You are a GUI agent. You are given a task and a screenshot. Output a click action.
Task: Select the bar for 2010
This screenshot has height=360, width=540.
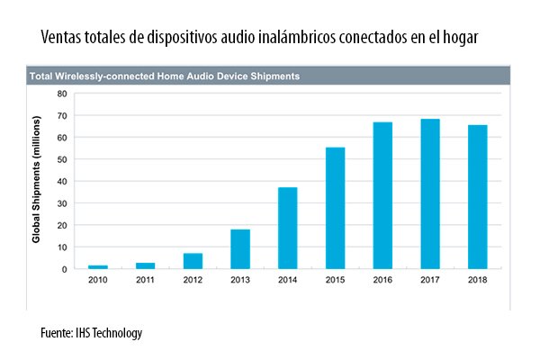[99, 266]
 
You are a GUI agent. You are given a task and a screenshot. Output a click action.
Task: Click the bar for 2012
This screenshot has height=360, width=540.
[193, 261]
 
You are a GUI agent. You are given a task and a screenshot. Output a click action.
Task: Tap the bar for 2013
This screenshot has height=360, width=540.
[239, 249]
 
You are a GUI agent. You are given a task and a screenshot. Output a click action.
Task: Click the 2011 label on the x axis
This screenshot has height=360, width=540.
[146, 281]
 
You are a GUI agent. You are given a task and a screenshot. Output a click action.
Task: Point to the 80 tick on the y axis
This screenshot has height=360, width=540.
[61, 94]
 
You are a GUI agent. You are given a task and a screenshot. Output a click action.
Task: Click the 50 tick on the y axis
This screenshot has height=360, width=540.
[61, 159]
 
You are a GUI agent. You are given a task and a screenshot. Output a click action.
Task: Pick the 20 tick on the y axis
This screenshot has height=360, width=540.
[61, 225]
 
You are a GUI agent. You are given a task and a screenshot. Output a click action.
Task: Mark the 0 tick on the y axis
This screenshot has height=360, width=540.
[64, 269]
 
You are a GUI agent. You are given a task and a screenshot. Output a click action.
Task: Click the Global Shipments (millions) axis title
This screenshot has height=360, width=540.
[37, 181]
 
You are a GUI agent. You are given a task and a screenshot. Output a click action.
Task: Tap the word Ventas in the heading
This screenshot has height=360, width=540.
[62, 39]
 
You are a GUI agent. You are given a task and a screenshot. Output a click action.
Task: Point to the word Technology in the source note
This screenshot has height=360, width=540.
[112, 333]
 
